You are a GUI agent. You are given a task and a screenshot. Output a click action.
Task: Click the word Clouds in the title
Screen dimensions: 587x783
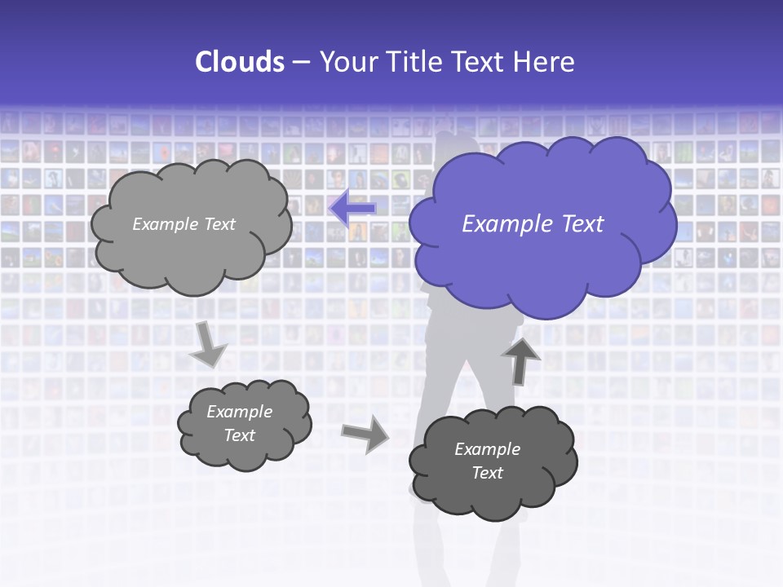point(240,62)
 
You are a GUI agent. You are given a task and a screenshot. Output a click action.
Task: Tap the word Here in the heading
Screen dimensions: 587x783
point(546,62)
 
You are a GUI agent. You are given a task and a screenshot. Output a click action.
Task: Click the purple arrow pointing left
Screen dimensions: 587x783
point(352,208)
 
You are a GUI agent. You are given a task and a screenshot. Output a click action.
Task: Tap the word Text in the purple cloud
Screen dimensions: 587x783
point(582,224)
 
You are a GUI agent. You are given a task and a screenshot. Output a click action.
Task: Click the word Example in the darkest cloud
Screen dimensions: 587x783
point(487,449)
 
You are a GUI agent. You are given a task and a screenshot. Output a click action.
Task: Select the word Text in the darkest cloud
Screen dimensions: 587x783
point(487,473)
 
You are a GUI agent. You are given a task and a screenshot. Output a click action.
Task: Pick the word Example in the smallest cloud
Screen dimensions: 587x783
point(239,412)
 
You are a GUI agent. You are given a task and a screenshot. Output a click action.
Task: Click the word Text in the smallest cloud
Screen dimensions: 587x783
point(239,435)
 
